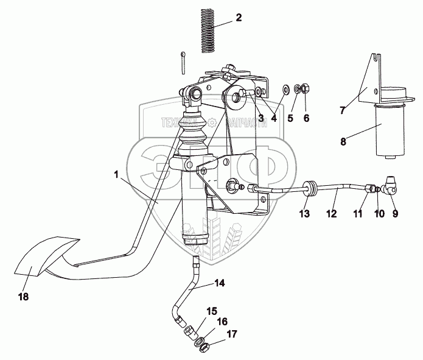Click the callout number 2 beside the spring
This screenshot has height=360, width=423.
[x=239, y=18]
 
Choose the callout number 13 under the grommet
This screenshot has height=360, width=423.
[x=304, y=214]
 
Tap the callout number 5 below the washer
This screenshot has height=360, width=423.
[x=290, y=118]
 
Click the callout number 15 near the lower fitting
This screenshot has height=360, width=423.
[x=211, y=311]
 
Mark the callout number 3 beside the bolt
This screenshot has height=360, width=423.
[x=260, y=117]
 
